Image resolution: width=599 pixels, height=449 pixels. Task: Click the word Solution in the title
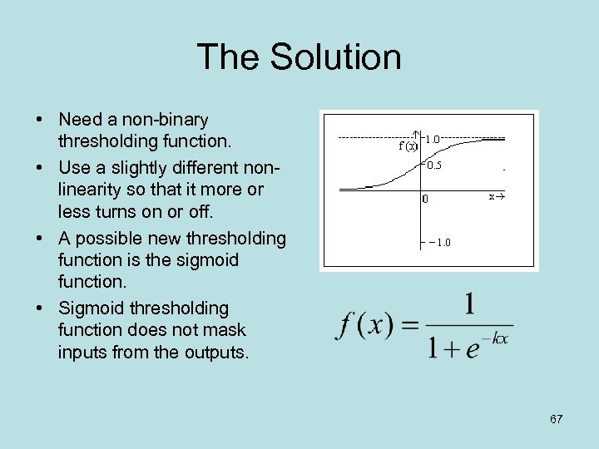(337, 57)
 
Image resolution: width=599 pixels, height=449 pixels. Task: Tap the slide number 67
(557, 418)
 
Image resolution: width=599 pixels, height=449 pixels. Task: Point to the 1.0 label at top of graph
(433, 141)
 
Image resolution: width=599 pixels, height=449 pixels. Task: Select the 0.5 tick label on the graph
(433, 165)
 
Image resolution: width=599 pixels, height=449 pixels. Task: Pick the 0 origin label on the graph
(425, 200)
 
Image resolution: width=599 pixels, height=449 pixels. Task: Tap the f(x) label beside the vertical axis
(408, 146)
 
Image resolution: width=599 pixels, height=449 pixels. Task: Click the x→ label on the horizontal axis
(497, 197)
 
